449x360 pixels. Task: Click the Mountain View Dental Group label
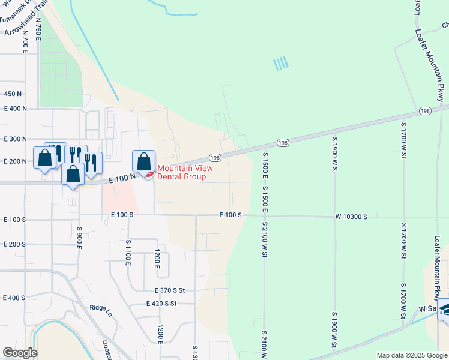coord(181,173)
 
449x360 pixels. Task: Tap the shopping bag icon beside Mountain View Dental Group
coord(143,161)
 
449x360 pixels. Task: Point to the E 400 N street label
coord(16,109)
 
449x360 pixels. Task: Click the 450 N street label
coord(13,94)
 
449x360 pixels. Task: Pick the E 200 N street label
coord(16,161)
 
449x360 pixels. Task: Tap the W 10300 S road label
coord(351,215)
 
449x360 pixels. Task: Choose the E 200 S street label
coord(14,244)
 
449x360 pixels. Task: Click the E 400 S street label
coord(14,298)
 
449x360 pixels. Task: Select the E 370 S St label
coord(169,290)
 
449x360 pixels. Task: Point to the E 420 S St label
coord(161,304)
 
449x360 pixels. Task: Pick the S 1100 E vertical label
coord(128,253)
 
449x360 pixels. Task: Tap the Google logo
coord(20,353)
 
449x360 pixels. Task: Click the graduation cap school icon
coord(445,310)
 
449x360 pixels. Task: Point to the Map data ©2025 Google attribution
coord(411,355)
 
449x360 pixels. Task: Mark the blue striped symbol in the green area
coord(280,63)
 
